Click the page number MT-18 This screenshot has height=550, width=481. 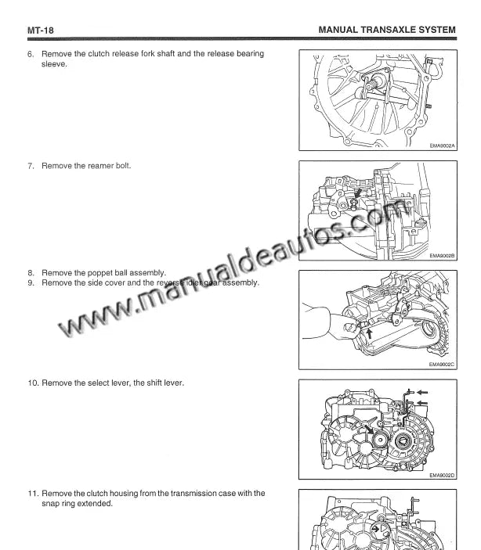pos(41,31)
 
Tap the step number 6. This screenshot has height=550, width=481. pos(31,54)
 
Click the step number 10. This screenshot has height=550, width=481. pos(33,383)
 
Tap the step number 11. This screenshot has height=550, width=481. pos(33,493)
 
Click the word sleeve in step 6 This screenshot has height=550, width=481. pos(53,64)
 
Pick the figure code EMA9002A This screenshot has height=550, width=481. pos(442,146)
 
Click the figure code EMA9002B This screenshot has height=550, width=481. pos(442,256)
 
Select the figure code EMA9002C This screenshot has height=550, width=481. pos(441,365)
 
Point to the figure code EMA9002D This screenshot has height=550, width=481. pos(442,476)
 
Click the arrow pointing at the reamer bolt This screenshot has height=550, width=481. pos(358,194)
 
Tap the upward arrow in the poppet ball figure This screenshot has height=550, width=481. pos(368,333)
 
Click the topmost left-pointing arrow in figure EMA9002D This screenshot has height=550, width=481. pos(422,392)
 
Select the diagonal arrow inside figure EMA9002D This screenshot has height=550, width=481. pos(368,429)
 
